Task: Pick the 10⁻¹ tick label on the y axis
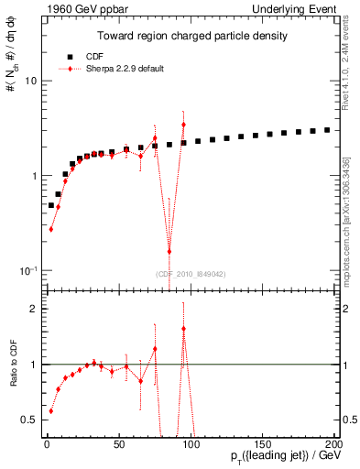pyautogui.click(x=26, y=270)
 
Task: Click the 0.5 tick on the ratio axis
pyautogui.click(x=27, y=420)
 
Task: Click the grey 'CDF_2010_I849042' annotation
pyautogui.click(x=190, y=274)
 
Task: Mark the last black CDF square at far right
pyautogui.click(x=327, y=129)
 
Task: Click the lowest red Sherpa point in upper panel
pyautogui.click(x=169, y=251)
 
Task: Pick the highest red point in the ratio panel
pyautogui.click(x=184, y=329)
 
